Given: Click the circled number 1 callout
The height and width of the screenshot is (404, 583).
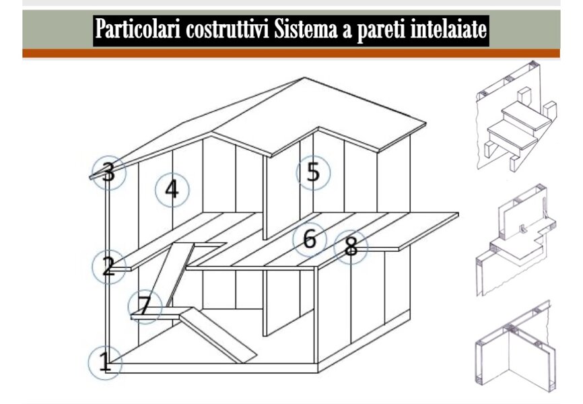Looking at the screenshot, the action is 105,363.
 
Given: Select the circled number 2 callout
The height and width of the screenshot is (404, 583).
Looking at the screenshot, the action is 108,267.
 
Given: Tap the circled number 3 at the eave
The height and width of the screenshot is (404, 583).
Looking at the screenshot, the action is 109,172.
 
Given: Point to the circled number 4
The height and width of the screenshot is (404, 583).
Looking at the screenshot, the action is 172,190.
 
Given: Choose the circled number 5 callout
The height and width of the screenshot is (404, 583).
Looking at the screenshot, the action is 313,173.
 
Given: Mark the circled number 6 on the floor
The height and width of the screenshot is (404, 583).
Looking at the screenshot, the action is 310,239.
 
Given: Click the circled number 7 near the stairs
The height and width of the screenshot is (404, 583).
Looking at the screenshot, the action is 145,306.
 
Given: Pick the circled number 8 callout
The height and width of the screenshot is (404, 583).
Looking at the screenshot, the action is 351,247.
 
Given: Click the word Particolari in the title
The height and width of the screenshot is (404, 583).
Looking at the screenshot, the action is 138,29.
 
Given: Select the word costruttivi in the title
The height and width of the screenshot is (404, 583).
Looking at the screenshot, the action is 228,30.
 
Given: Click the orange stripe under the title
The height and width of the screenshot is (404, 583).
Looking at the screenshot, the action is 291,53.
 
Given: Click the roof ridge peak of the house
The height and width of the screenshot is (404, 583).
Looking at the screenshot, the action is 304,77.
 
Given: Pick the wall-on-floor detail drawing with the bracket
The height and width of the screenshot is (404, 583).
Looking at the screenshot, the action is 516,240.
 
